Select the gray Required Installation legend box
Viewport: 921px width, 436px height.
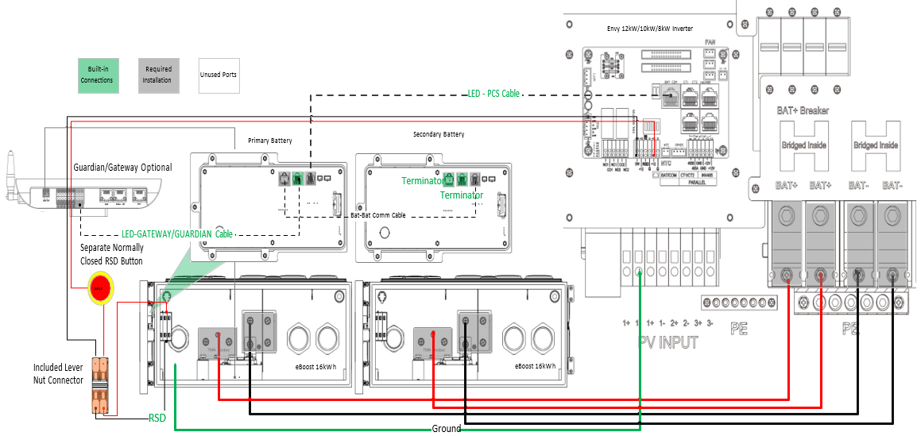coord(158,75)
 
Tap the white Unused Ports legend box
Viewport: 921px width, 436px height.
coord(218,75)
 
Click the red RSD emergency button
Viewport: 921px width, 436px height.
coord(100,287)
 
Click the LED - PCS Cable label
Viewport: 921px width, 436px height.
coord(493,94)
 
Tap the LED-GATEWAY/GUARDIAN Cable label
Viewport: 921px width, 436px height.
coord(176,234)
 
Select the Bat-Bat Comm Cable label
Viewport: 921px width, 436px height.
coord(378,215)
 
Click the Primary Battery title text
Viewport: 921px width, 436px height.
coord(270,141)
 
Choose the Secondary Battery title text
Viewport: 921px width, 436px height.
coord(439,134)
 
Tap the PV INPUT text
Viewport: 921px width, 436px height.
coord(668,342)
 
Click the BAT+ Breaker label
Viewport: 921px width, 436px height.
coord(803,110)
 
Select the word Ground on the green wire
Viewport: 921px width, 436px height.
coord(447,429)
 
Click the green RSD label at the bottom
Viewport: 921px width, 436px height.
coord(157,417)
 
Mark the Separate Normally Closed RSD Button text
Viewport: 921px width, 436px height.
coord(112,254)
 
